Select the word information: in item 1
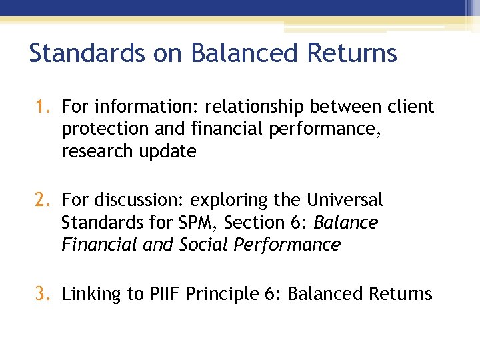(x=148, y=107)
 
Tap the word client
(x=408, y=107)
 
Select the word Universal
(x=345, y=200)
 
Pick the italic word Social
(x=204, y=245)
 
